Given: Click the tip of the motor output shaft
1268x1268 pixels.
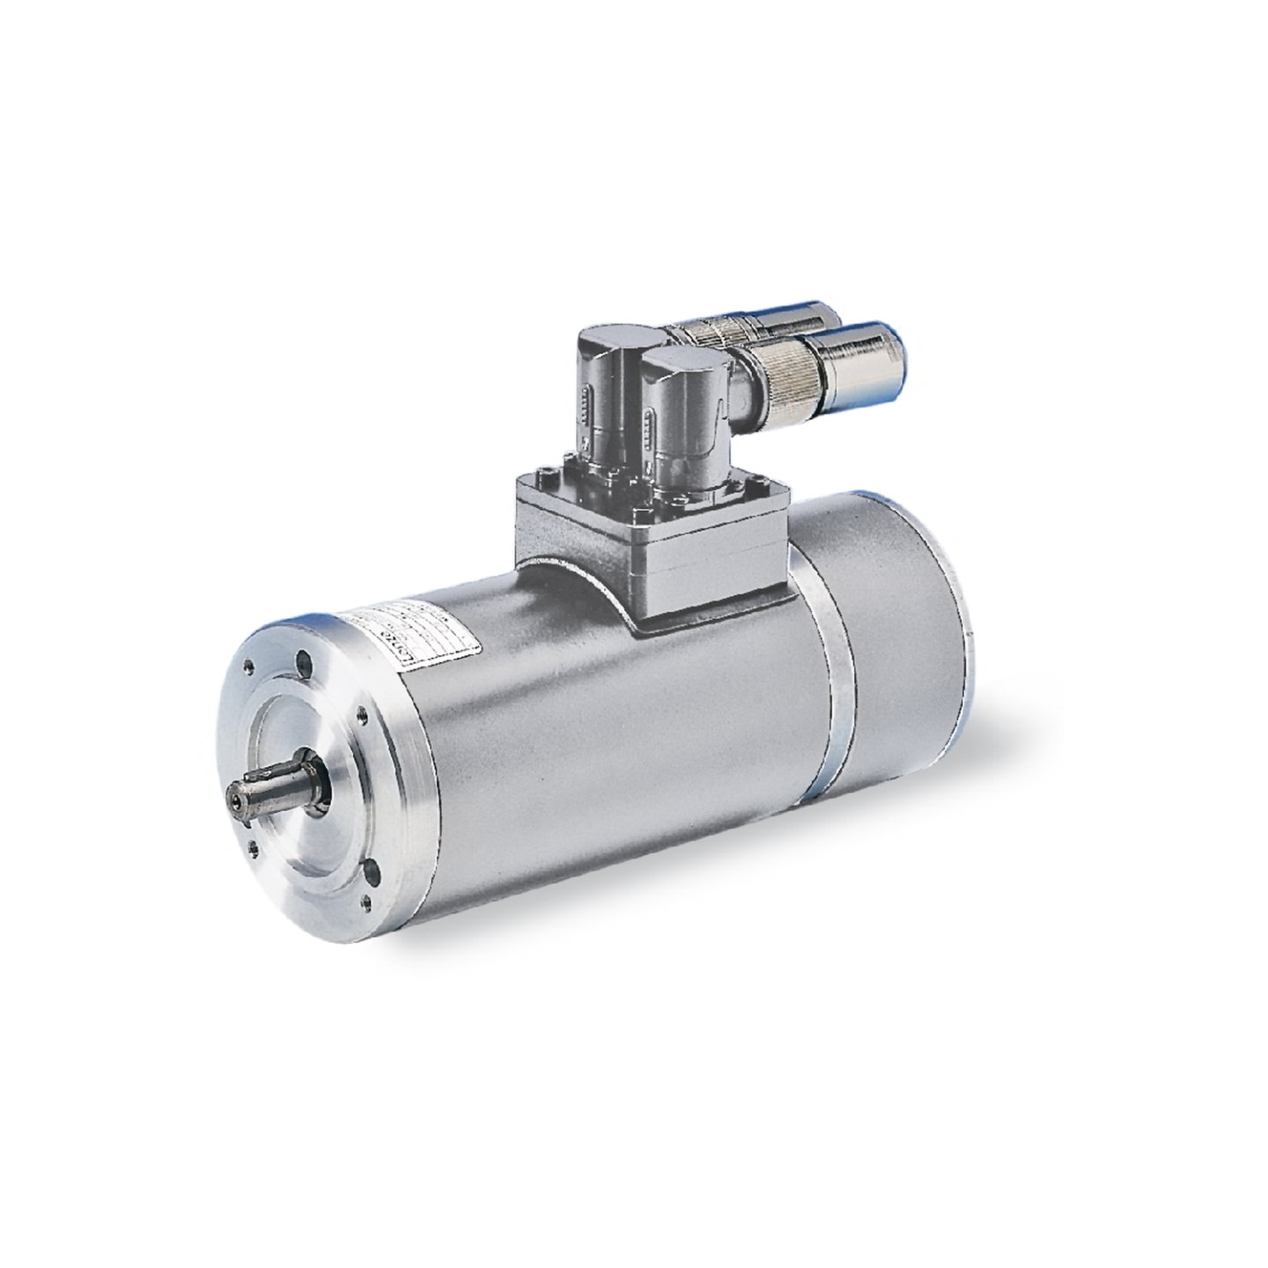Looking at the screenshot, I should pyautogui.click(x=237, y=800).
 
